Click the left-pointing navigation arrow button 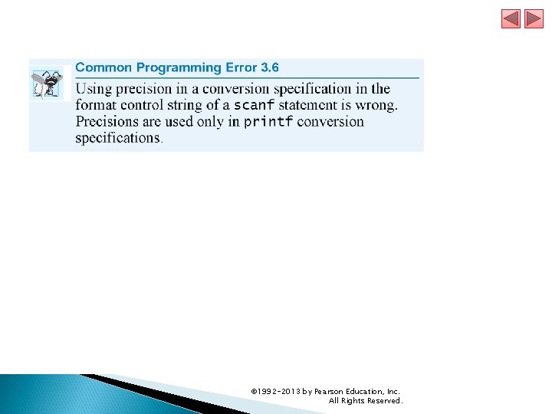click(511, 19)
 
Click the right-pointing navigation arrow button click(534, 19)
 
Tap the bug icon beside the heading click(49, 84)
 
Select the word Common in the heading click(103, 67)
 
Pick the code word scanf click(254, 105)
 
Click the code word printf click(268, 122)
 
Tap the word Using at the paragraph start click(92, 89)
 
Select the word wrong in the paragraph click(376, 105)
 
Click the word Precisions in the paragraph click(108, 122)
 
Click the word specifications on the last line click(117, 138)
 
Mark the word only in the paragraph click(210, 122)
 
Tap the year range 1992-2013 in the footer click(279, 391)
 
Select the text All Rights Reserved click(365, 400)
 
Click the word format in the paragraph click(97, 105)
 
